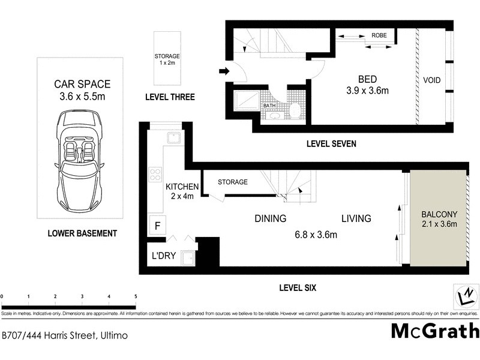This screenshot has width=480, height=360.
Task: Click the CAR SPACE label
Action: (82, 85)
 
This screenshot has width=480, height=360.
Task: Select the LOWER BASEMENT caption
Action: (82, 233)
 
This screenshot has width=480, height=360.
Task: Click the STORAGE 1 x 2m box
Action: (167, 60)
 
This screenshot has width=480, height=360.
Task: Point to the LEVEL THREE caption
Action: (170, 97)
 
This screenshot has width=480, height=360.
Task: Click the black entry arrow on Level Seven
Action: (223, 72)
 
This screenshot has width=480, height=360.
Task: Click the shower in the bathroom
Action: (246, 103)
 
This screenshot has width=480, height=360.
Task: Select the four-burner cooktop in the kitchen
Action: (155, 174)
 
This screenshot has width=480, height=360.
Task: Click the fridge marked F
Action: (158, 226)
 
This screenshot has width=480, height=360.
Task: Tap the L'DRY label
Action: (163, 256)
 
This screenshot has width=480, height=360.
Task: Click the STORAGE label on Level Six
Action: (232, 182)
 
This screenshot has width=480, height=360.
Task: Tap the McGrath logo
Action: (435, 331)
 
